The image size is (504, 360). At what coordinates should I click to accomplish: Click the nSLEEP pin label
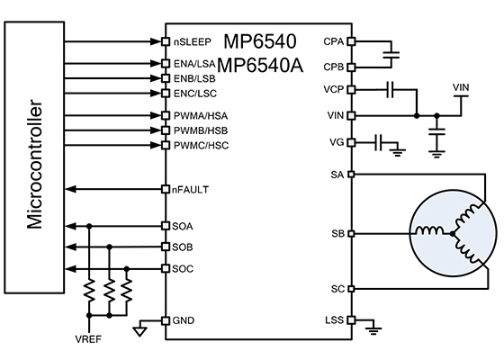[x=193, y=42]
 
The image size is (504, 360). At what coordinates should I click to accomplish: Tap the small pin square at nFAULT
[x=166, y=189]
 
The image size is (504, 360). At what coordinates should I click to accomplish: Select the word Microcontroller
[x=34, y=164]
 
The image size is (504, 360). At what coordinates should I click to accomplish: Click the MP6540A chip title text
[x=260, y=66]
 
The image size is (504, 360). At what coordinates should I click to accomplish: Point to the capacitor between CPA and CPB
[x=391, y=55]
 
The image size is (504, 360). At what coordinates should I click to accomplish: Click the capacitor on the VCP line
[x=391, y=89]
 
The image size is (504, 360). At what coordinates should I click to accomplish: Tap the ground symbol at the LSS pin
[x=373, y=331]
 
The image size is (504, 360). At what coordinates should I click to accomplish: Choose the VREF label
[x=88, y=339]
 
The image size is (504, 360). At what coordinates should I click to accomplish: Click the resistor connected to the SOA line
[x=89, y=290]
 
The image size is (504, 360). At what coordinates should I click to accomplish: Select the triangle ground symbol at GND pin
[x=140, y=331]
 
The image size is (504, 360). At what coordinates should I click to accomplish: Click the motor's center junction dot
[x=453, y=234]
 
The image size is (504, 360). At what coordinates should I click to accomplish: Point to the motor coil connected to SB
[x=429, y=230]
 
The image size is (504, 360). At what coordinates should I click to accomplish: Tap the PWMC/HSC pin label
[x=202, y=146]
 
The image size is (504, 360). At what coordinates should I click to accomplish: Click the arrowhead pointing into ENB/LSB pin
[x=156, y=78]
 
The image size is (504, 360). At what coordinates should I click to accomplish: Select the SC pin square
[x=351, y=289]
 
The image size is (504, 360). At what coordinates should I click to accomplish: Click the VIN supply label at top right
[x=461, y=87]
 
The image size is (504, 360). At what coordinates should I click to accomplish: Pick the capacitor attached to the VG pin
[x=378, y=142]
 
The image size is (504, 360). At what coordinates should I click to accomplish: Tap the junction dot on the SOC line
[x=127, y=268]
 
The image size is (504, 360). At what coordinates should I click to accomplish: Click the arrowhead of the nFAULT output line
[x=71, y=189]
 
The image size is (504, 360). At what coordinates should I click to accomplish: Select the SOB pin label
[x=183, y=247]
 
